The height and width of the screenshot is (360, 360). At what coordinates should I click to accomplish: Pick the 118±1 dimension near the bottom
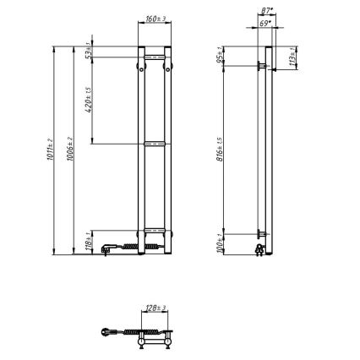[x=90, y=240]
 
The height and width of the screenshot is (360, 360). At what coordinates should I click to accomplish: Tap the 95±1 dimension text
[x=220, y=56]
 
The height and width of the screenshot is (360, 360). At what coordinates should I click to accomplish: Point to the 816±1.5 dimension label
[x=220, y=150]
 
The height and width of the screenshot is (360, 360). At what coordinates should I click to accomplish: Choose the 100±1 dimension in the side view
[x=220, y=243]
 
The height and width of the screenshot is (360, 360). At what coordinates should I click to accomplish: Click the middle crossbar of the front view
[x=154, y=145]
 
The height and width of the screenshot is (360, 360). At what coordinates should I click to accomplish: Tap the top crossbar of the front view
[x=154, y=56]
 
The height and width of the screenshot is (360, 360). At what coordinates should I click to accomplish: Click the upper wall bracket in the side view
[x=260, y=64]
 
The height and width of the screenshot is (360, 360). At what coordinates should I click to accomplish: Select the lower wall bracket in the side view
[x=260, y=234]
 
